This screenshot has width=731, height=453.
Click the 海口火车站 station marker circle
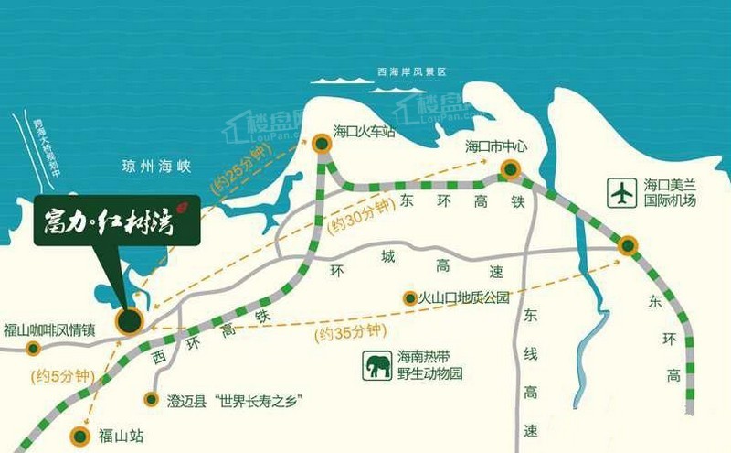click(322, 144)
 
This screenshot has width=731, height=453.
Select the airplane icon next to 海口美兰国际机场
click(621, 193)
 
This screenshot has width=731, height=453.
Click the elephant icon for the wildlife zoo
click(377, 365)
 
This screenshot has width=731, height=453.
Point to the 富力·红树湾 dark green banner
click(117, 220)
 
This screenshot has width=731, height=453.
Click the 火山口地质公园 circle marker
click(409, 297)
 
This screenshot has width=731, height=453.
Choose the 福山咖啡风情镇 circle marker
click(34, 348)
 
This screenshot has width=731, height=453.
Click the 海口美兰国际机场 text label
click(670, 192)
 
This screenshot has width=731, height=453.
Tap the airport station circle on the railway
click(627, 244)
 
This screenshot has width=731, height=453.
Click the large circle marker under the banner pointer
click(129, 320)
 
